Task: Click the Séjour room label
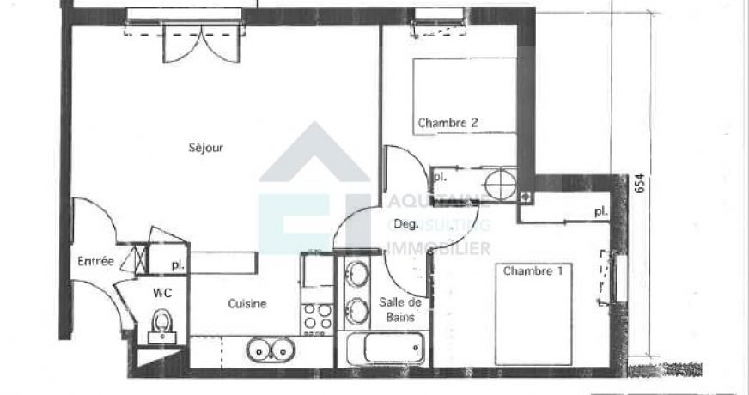pyautogui.click(x=206, y=148)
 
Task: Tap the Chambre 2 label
pyautogui.click(x=448, y=123)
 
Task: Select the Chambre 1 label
pyautogui.click(x=533, y=271)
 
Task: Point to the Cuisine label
pyautogui.click(x=247, y=303)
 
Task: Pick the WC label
pyautogui.click(x=162, y=293)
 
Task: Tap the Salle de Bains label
pyautogui.click(x=400, y=309)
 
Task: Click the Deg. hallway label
pyautogui.click(x=405, y=225)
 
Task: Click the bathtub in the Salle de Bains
pyautogui.click(x=385, y=350)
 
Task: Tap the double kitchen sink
pyautogui.click(x=270, y=349)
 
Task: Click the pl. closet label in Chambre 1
pyautogui.click(x=600, y=210)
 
